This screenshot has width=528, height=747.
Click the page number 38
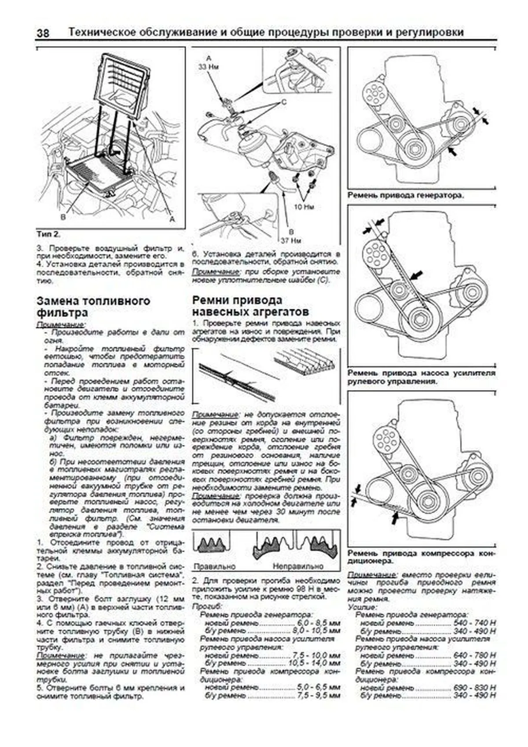point(43,33)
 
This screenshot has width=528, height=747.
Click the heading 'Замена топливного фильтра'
point(93,307)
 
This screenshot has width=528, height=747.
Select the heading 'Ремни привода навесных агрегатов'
point(250,306)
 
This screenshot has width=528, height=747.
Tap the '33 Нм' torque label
point(209,67)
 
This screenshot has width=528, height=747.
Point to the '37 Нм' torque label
point(290,240)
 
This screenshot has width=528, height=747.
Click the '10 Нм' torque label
point(303,207)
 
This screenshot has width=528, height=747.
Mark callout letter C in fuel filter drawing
point(284,102)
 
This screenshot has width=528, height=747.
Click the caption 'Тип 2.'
point(48,233)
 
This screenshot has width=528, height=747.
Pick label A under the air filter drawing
point(172,219)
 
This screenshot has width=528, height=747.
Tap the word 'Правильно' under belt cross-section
point(214,566)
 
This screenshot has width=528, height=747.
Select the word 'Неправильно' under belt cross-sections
point(297,566)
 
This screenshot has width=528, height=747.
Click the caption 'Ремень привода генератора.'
point(405,195)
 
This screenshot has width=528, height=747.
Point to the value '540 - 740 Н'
point(474,623)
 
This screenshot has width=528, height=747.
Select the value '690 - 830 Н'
point(474,687)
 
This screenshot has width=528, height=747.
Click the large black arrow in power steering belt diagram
point(416,275)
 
